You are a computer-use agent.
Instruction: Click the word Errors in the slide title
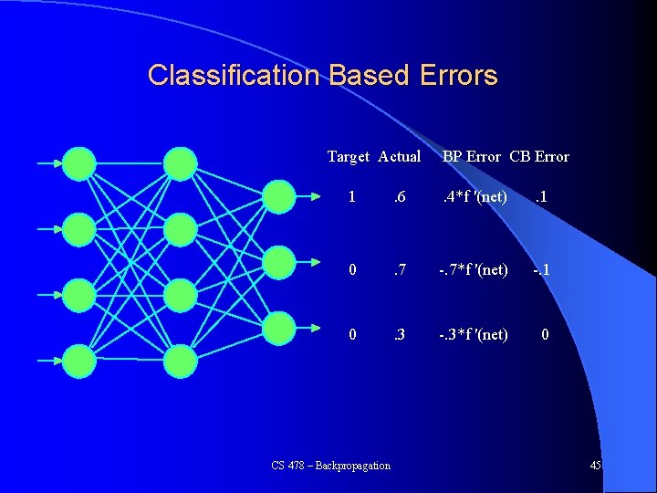click(460, 75)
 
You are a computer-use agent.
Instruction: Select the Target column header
click(348, 156)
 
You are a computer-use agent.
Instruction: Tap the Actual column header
click(399, 156)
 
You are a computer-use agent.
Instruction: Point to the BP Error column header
click(472, 156)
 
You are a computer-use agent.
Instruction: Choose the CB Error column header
click(539, 156)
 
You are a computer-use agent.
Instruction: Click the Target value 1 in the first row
click(352, 197)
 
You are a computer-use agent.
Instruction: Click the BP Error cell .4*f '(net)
click(474, 197)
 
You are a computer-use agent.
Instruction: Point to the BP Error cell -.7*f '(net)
click(471, 270)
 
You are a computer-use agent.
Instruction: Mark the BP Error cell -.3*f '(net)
click(471, 334)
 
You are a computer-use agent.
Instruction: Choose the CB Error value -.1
click(542, 270)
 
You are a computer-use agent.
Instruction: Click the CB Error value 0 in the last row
click(545, 334)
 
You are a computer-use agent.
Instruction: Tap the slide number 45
click(595, 466)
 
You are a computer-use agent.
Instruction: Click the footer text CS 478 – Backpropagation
click(331, 466)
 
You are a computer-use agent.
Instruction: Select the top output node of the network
click(278, 194)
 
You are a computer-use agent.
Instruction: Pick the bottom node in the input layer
click(79, 361)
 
